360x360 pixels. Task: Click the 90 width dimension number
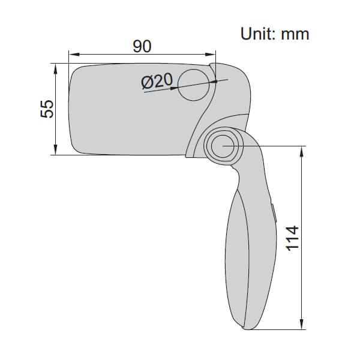pyautogui.click(x=142, y=46)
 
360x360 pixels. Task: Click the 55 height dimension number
pyautogui.click(x=47, y=109)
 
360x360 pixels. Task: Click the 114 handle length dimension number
pyautogui.click(x=291, y=238)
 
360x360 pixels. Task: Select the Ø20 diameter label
pyautogui.click(x=157, y=81)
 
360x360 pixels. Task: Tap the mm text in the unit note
pyautogui.click(x=296, y=34)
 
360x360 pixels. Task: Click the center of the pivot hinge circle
pyautogui.click(x=222, y=146)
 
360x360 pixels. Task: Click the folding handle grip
pyautogui.click(x=246, y=258)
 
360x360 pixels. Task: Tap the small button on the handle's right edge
pyautogui.click(x=273, y=214)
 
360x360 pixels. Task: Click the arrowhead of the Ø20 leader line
pyautogui.click(x=175, y=88)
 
